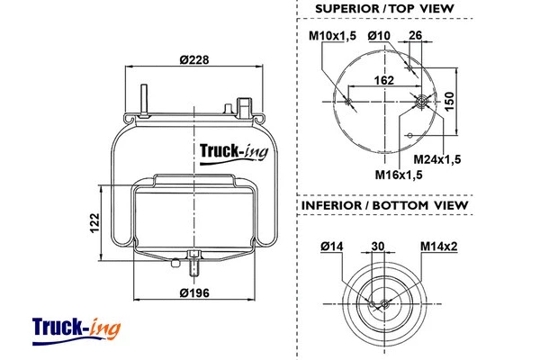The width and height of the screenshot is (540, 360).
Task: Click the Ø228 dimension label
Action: pyautogui.click(x=195, y=59)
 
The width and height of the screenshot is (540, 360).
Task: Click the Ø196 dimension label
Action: pyautogui.click(x=195, y=292)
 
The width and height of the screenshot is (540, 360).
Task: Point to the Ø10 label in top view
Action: pyautogui.click(x=378, y=35)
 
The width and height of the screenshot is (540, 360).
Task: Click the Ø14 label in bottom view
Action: pyautogui.click(x=332, y=245)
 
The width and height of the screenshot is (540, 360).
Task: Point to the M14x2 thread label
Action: pyautogui.click(x=437, y=245)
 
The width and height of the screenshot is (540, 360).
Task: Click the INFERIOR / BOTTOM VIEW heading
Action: pyautogui.click(x=384, y=205)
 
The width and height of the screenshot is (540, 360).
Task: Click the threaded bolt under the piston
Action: pyautogui.click(x=194, y=265)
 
